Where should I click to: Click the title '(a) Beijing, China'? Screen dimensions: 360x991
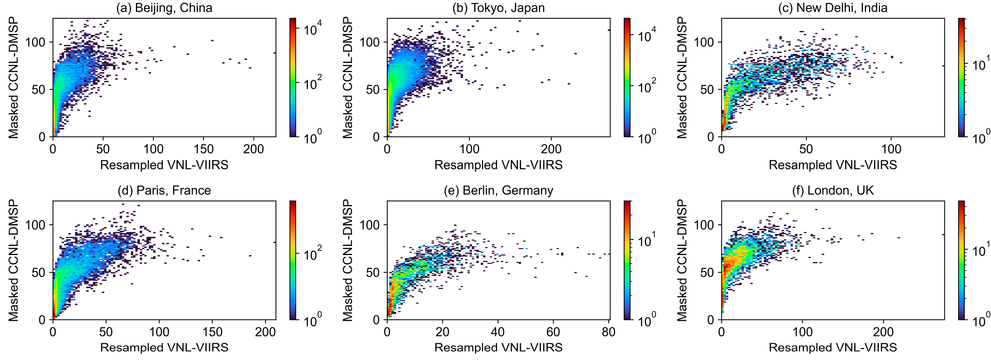coord(164,8)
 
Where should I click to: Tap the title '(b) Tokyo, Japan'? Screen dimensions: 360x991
coord(498,8)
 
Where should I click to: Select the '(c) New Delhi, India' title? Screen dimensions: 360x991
coord(833,8)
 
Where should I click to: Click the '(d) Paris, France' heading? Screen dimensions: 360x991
coord(164,190)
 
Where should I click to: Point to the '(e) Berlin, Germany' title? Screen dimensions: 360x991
coord(498,190)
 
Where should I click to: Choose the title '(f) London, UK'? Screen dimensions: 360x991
coord(833,190)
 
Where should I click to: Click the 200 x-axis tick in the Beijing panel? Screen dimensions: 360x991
coord(254,149)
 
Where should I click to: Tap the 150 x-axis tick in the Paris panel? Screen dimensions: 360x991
coord(212,332)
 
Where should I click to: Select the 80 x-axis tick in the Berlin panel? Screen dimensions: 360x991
coord(608,332)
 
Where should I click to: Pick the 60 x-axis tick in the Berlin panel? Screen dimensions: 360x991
coord(553,332)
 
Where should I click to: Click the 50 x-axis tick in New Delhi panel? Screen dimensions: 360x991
coord(806,149)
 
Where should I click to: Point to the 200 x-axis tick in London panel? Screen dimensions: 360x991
coord(883,332)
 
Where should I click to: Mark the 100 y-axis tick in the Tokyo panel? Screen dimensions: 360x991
coord(369,42)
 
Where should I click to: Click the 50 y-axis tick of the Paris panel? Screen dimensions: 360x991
coord(39,272)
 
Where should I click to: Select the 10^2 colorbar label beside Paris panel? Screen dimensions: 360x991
coord(312,254)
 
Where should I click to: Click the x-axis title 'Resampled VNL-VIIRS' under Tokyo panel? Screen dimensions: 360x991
coord(498,165)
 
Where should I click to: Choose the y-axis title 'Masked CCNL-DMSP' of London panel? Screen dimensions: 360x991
coord(682,260)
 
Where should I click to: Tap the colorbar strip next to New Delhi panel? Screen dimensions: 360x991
coord(961,77)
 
